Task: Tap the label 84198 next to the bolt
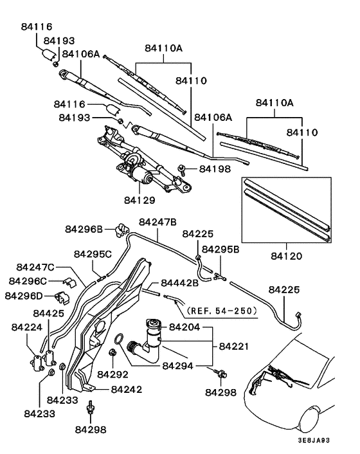point(215,169)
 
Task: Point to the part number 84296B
point(84,229)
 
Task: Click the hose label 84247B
point(157,222)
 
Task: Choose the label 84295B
point(221,249)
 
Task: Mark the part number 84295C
point(93,254)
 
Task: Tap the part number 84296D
point(24,296)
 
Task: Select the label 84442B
point(180,283)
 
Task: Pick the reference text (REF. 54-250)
point(221,311)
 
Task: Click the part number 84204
point(185,327)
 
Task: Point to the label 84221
point(235,346)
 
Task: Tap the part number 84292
point(113,374)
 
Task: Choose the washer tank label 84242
point(127,390)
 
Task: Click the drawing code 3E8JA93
point(330,442)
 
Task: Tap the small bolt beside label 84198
point(184,169)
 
